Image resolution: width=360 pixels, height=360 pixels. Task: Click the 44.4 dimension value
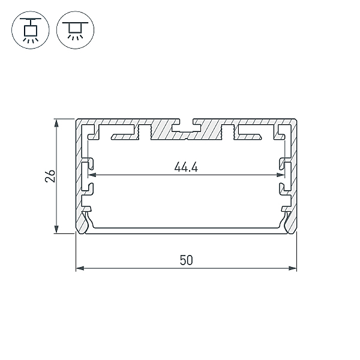186,167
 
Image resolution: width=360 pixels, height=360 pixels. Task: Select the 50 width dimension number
186,260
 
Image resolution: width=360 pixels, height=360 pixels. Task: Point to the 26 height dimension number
50,176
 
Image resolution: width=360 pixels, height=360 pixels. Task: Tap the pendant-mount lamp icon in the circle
31,30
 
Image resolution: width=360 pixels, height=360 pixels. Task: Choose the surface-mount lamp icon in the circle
76,30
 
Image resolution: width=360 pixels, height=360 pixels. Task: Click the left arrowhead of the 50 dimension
80,268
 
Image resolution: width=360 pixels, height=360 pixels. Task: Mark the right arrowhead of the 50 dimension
293,268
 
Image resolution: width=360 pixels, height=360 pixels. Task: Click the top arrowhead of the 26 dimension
56,123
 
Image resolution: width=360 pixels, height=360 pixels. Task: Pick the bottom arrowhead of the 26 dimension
56,229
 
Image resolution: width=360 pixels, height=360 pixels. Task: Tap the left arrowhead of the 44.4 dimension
92,175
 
